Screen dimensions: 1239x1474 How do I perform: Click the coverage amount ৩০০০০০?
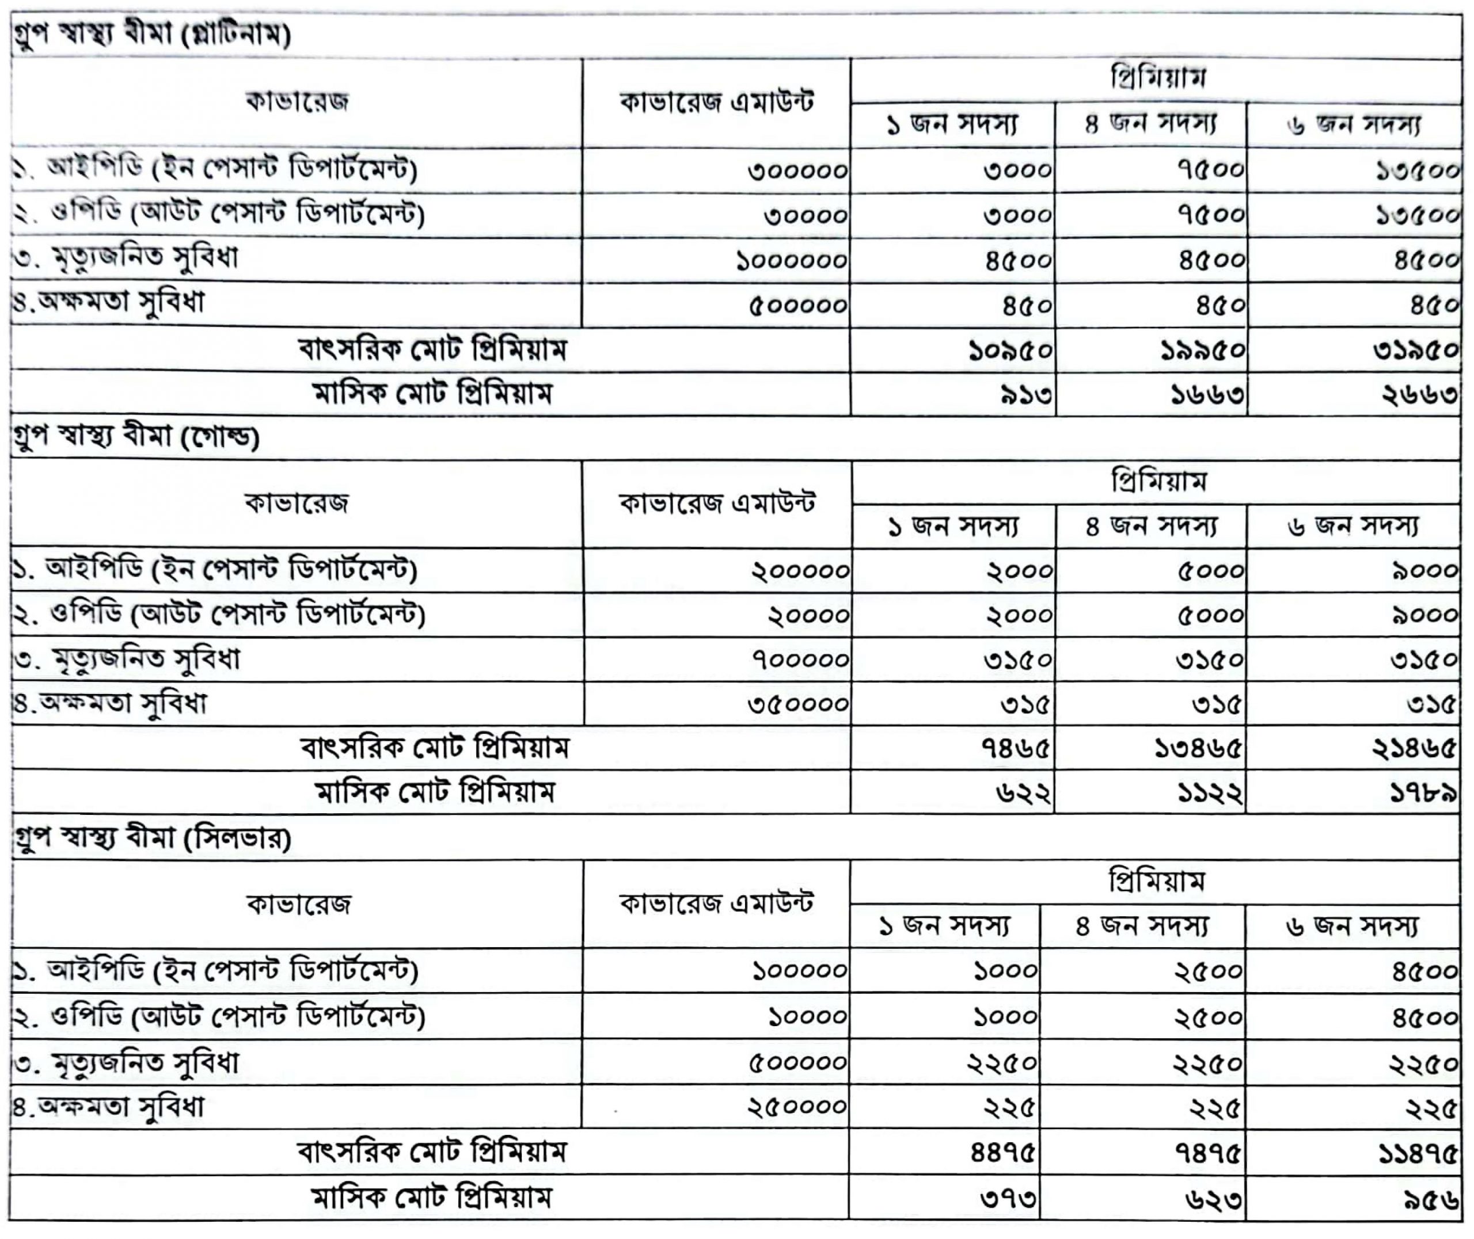click(797, 171)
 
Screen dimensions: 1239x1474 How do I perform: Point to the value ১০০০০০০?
click(791, 261)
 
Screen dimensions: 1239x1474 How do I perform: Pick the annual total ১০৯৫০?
click(1009, 350)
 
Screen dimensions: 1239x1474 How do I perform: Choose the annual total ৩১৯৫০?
click(1415, 350)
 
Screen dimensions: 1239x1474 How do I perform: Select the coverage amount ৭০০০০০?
click(800, 659)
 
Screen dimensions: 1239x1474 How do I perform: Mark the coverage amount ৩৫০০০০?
click(798, 704)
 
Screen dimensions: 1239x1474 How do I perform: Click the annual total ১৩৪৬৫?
click(1197, 749)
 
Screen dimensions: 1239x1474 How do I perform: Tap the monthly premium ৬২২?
click(1023, 793)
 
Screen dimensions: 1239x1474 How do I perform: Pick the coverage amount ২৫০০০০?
click(797, 1107)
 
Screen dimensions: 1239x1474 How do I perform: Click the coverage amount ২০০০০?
click(808, 615)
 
